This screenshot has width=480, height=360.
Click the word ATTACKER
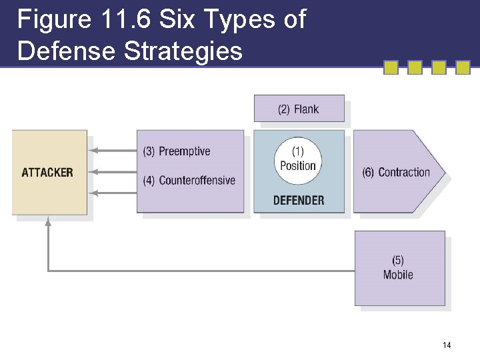point(47,173)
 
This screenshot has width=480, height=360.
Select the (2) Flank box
point(299,109)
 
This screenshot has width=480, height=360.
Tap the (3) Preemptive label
point(177,151)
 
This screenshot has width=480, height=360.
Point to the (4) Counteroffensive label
point(189,180)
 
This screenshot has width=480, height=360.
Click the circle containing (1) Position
point(298,160)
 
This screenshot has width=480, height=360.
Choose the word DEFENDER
point(299,200)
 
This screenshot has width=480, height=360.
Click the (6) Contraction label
point(396,173)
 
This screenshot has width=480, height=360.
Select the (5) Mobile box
point(399,267)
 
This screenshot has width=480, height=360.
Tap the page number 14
point(446,345)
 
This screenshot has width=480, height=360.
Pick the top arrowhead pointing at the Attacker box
point(93,150)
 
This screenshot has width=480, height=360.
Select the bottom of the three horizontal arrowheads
point(93,193)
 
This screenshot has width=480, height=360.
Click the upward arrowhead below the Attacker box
point(48,223)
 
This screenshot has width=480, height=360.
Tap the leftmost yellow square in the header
point(391,67)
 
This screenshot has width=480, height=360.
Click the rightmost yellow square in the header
point(463,67)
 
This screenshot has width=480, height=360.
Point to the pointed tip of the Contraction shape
point(443,172)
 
